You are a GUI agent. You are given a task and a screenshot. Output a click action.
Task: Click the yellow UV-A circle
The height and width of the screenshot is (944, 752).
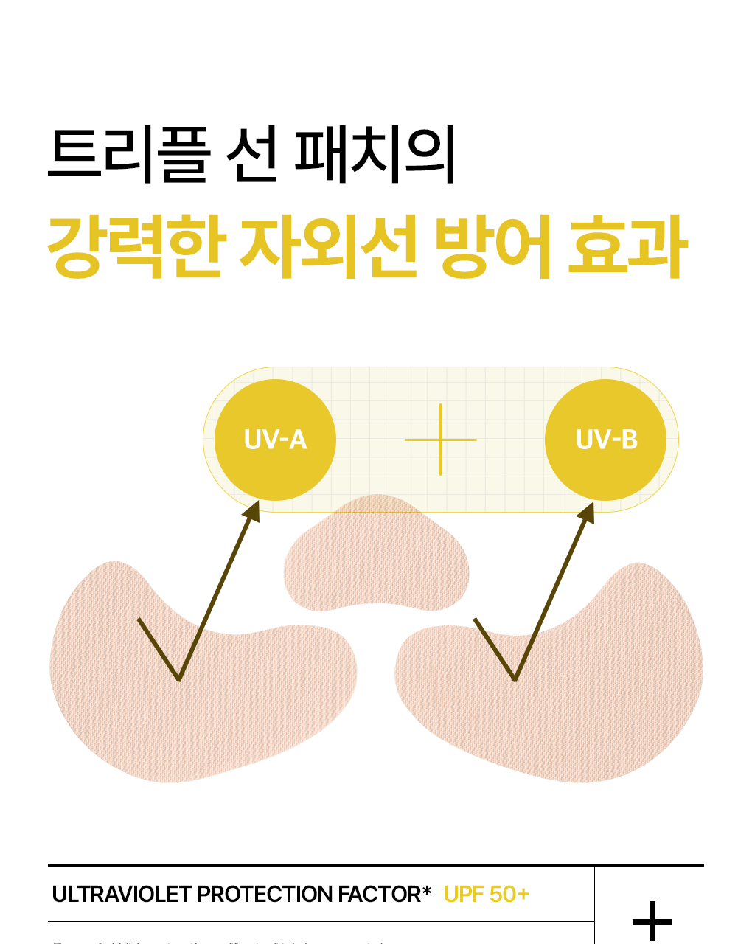275,440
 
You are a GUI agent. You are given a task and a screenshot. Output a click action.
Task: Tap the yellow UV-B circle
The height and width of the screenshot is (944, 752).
605,440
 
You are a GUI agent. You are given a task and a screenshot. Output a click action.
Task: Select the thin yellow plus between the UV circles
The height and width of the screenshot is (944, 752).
440,440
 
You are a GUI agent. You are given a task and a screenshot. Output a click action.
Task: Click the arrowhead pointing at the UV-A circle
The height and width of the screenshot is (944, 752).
251,512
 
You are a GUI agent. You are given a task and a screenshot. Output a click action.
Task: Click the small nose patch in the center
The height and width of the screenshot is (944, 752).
376,560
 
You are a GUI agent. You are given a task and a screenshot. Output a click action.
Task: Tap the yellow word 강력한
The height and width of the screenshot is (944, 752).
135,248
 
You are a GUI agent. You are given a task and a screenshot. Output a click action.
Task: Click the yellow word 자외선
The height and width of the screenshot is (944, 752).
327,248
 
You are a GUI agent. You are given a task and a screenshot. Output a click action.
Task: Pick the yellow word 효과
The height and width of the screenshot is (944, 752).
627,248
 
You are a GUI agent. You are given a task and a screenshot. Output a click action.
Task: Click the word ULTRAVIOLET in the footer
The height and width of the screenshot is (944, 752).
122,895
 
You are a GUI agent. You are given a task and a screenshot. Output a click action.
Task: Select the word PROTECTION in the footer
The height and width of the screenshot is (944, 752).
266,895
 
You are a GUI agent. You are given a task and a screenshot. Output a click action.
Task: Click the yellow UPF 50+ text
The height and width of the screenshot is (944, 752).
486,895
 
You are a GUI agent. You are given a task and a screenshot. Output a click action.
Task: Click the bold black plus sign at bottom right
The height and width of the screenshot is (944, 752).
652,921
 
